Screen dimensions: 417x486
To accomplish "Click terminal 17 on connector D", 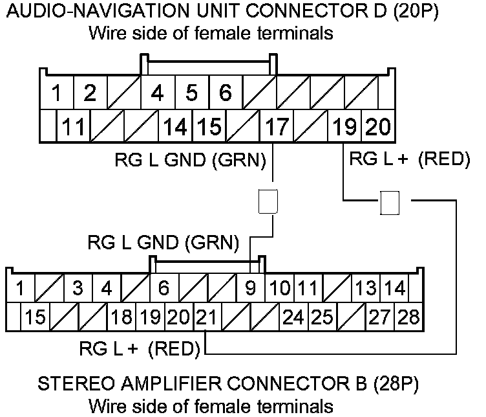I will pos(277,126).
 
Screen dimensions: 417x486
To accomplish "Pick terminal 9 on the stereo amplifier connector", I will pos(250,287).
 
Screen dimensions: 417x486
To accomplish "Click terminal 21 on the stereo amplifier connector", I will pos(206,317).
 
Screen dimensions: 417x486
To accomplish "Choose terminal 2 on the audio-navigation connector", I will pos(90,93).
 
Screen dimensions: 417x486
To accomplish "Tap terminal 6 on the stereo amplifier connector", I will pos(164,287).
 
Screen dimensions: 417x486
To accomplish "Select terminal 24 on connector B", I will pos(293,317).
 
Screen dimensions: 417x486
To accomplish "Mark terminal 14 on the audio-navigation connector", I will pos(175,126).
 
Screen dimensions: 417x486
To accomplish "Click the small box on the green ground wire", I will pos(267,201).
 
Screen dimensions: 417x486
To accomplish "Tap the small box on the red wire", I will pos(389,203).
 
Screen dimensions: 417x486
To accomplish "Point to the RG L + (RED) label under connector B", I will pos(138,350).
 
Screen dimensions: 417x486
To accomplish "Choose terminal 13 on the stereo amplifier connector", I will pos(366,287).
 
